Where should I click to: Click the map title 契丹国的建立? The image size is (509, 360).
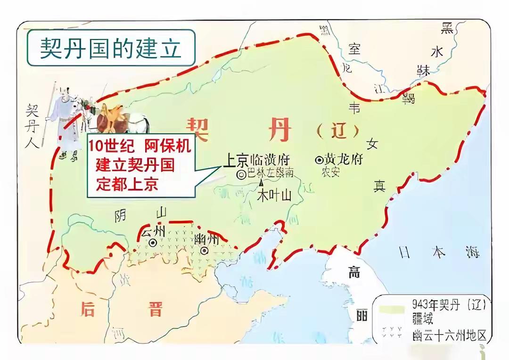tap(110, 48)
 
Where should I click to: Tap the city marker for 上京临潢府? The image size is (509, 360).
tap(241, 174)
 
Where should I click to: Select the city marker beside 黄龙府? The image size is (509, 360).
tap(319, 159)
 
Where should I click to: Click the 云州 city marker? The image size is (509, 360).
tap(153, 243)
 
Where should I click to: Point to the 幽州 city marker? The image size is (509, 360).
tap(204, 251)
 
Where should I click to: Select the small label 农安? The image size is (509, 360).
tap(331, 172)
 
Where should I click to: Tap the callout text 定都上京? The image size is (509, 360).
tap(127, 185)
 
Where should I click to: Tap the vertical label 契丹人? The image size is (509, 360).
tap(33, 126)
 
